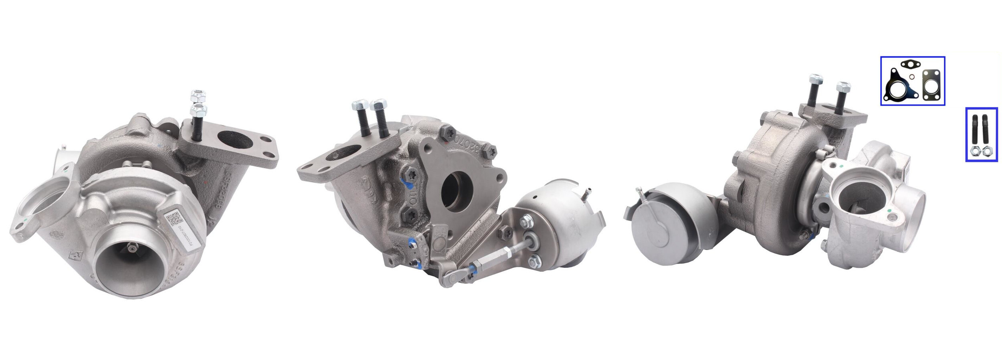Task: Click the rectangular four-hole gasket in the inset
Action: point(931,85)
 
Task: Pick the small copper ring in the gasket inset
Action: point(920,77)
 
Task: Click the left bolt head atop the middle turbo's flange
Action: point(358,106)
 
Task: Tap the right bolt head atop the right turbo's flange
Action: point(843,87)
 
